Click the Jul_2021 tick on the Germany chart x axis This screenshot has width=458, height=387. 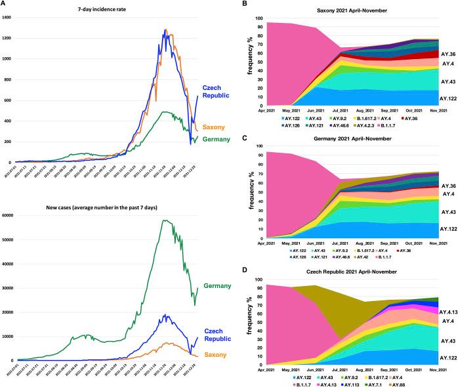coord(340,241)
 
